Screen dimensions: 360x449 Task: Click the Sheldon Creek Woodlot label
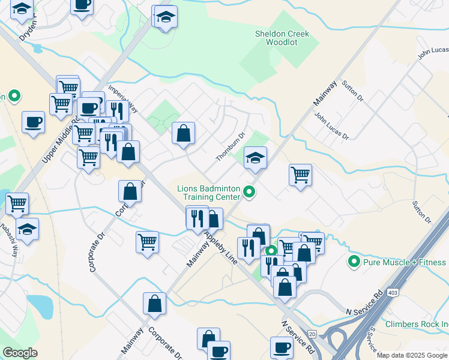pyautogui.click(x=282, y=38)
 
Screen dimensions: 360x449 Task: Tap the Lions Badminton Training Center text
pyautogui.click(x=208, y=193)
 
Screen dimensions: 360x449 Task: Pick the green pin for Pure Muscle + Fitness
pyautogui.click(x=354, y=262)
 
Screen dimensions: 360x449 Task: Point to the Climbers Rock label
pyautogui.click(x=417, y=324)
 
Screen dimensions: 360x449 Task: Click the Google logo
pyautogui.click(x=20, y=353)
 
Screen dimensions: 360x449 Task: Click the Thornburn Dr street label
pyautogui.click(x=231, y=147)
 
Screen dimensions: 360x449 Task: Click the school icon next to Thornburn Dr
pyautogui.click(x=255, y=158)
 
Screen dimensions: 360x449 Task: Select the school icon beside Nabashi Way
pyautogui.click(x=27, y=229)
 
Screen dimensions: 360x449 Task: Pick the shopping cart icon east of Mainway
pyautogui.click(x=300, y=175)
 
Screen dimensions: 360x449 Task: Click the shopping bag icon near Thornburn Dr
pyautogui.click(x=183, y=134)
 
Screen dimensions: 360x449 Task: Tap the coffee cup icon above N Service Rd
pyautogui.click(x=282, y=347)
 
